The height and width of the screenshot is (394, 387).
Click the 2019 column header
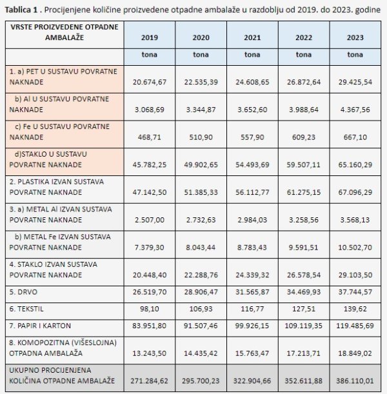pos(150,37)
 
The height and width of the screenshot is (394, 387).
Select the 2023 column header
pos(355,37)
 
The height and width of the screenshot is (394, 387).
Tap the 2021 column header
pos(252,37)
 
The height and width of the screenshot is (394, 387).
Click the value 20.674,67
pos(150,83)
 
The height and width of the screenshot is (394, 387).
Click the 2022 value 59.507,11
pos(304,164)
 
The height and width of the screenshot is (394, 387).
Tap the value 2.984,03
pos(252,220)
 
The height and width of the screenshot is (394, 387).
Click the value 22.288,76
pos(201,275)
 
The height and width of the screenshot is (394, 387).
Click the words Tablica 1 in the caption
pos(23,9)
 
